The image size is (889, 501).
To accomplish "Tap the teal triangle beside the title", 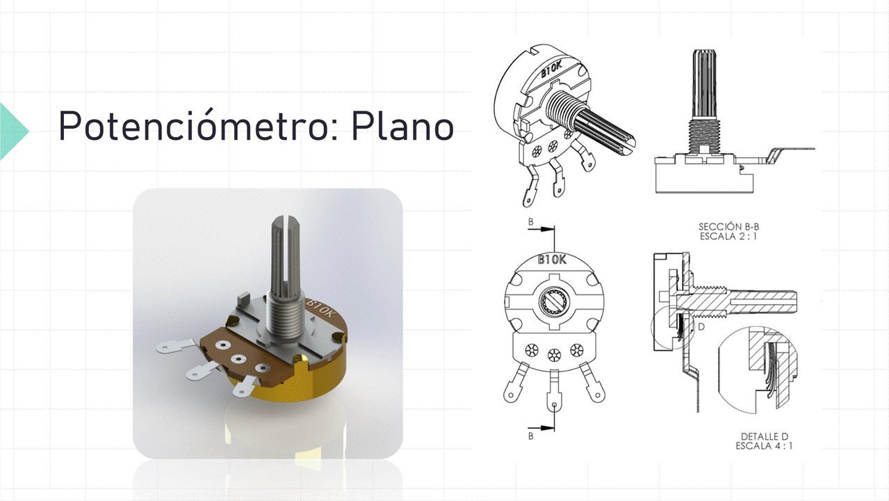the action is click(x=13, y=131).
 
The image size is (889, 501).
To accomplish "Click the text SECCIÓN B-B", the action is click(x=728, y=227).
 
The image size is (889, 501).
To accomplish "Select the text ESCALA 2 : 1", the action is click(x=728, y=237).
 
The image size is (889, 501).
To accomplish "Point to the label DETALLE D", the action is click(x=764, y=437).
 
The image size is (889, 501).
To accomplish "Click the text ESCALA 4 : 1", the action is click(x=764, y=446).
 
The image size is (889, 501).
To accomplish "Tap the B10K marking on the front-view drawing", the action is click(x=552, y=260).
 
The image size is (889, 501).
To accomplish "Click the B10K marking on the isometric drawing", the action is click(x=552, y=70).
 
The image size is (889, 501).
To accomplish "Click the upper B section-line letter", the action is click(x=530, y=222).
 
